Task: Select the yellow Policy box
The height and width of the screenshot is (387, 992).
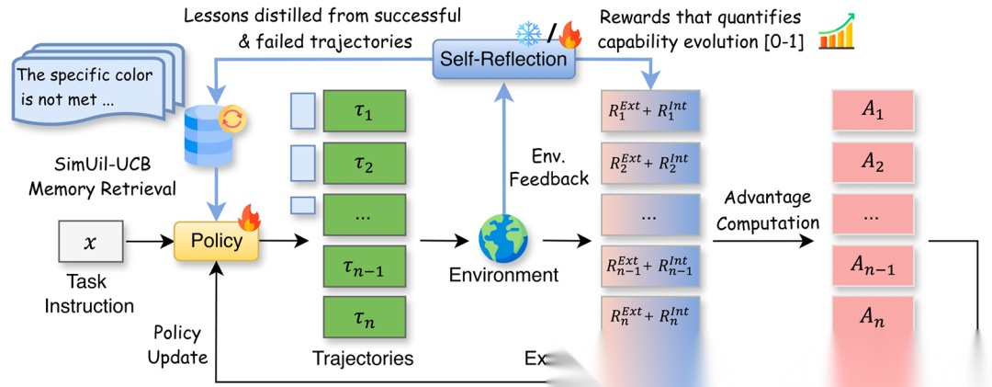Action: (216, 242)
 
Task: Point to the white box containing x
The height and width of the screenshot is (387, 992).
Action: (89, 243)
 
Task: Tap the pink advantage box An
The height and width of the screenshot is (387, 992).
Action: (871, 319)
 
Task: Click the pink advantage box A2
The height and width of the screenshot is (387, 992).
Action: (871, 164)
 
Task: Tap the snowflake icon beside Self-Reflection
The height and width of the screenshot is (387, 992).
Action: (529, 35)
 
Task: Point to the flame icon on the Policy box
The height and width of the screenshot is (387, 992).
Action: (248, 219)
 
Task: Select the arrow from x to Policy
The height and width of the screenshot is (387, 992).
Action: (148, 243)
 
